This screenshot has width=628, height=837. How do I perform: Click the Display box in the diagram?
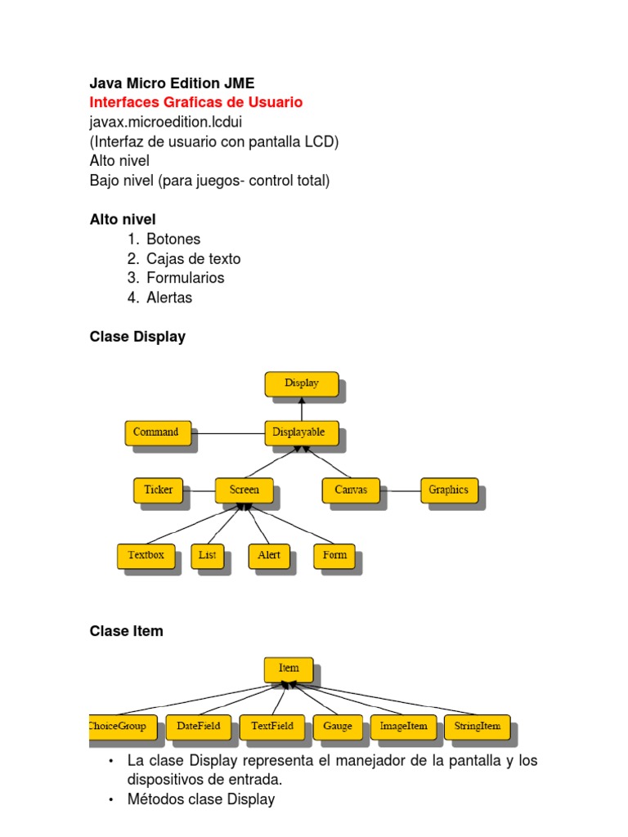[x=301, y=383]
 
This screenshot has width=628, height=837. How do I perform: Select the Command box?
[x=157, y=432]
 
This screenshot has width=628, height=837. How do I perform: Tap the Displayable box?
[x=300, y=432]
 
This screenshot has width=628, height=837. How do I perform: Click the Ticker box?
[x=158, y=490]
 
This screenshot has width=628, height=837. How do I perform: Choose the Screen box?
[x=244, y=490]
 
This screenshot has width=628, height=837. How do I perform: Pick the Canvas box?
[x=351, y=490]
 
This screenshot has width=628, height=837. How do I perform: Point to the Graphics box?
[x=449, y=490]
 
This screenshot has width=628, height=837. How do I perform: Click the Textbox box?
[x=146, y=555]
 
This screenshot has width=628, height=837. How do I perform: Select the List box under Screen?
[x=207, y=555]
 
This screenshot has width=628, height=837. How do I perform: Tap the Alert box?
[x=269, y=555]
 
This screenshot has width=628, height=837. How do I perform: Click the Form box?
[x=334, y=555]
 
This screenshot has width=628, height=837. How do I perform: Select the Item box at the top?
[x=288, y=669]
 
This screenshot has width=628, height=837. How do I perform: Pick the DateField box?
[x=198, y=726]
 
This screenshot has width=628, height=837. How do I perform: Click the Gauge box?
[x=337, y=726]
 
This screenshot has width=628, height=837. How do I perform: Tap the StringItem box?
[x=476, y=726]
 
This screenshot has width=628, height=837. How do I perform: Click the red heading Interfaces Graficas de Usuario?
[x=195, y=102]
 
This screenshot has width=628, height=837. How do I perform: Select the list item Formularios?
[x=185, y=278]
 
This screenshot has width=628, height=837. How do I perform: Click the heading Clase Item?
[x=126, y=631]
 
